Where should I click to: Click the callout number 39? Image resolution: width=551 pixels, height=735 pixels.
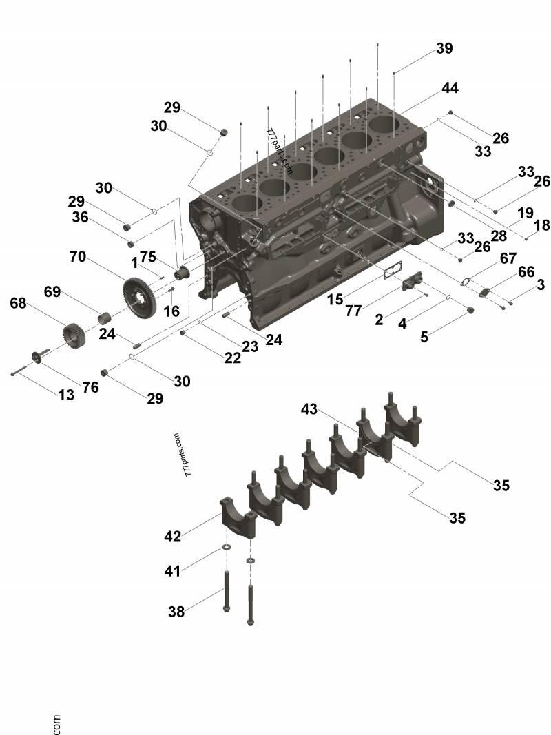444,48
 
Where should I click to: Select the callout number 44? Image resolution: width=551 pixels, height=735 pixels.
450,88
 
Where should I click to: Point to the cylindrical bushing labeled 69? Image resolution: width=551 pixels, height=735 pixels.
105,320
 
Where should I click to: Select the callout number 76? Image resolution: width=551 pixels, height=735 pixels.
90,388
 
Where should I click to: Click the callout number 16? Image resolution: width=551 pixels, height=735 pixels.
171,311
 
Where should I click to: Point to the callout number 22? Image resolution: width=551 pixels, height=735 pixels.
232,358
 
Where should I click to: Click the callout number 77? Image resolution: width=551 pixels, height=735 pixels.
353,311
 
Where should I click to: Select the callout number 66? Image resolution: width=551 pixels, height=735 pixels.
526,272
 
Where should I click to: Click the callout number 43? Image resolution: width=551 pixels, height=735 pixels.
310,409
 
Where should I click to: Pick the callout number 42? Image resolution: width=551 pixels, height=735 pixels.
174,535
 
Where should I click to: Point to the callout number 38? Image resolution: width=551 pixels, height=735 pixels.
177,611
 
